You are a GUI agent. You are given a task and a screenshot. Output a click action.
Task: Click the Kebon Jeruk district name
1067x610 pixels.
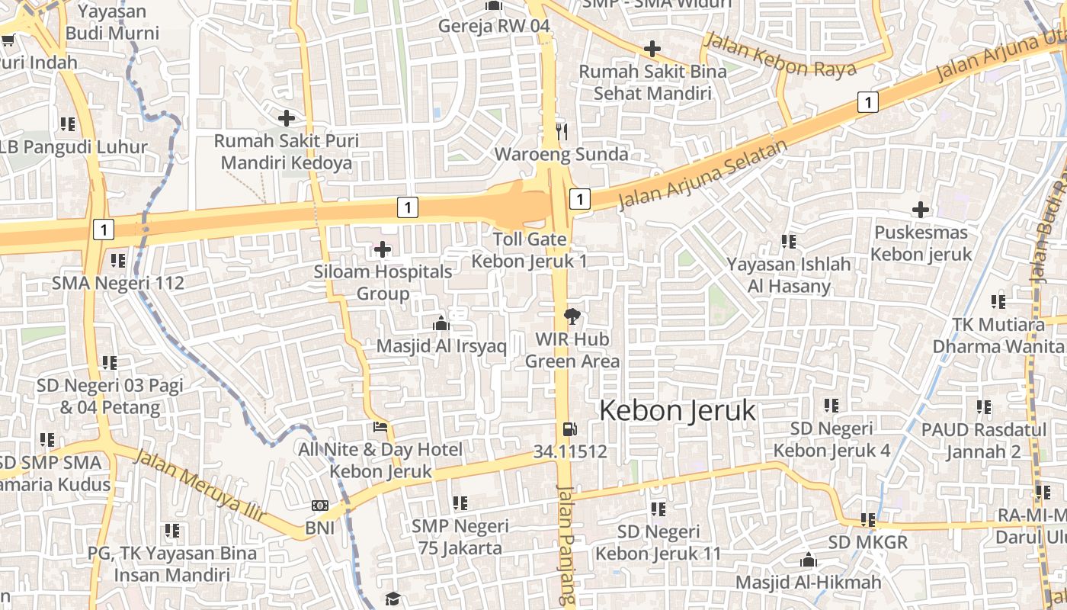678,411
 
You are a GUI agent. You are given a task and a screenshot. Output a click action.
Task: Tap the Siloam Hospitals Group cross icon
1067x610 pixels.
383,249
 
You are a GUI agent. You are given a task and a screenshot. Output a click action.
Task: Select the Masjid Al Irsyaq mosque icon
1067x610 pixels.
441,324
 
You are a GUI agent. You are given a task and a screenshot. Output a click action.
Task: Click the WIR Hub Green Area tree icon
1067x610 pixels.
571,316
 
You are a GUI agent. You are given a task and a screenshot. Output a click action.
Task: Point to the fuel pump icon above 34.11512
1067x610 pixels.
569,429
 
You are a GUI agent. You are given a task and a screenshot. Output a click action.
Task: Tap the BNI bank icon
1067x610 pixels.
320,506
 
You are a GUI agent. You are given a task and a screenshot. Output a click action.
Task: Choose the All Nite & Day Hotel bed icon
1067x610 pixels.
380,428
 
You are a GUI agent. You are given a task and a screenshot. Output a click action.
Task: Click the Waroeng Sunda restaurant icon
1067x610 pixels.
562,131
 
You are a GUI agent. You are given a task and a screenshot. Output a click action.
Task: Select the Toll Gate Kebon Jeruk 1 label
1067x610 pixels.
530,250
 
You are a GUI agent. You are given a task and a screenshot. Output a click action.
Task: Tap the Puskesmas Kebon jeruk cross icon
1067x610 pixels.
921,209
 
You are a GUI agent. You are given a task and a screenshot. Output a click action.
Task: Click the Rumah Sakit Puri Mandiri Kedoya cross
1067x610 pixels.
287,118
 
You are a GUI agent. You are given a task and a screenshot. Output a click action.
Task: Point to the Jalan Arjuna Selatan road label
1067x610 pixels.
702,175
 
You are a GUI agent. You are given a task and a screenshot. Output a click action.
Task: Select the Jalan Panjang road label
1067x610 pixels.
565,545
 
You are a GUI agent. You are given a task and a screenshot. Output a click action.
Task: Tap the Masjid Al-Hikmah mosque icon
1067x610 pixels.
809,560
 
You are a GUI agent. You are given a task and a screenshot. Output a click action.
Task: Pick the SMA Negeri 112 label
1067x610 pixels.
118,284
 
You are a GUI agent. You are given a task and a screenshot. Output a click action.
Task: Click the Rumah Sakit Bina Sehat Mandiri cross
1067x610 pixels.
652,50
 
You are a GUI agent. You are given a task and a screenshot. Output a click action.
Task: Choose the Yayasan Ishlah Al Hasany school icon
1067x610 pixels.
789,242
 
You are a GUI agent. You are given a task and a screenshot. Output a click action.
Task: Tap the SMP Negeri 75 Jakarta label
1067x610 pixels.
460,537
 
